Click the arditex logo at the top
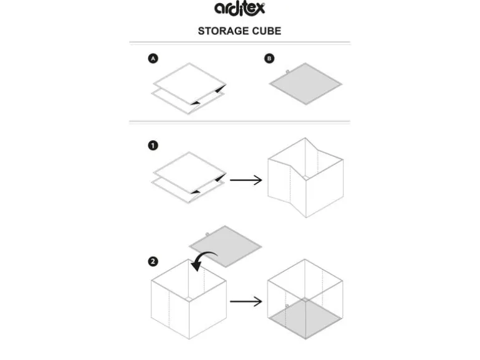(x=239, y=9)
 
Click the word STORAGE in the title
(x=223, y=31)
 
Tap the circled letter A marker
(x=153, y=59)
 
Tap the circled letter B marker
(x=269, y=59)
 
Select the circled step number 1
(x=153, y=145)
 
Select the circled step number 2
(x=153, y=262)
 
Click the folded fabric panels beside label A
(x=189, y=88)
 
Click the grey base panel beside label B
(x=305, y=84)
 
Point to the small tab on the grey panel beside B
(x=287, y=72)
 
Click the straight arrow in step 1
(x=246, y=180)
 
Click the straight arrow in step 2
(x=246, y=301)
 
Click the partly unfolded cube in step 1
(x=305, y=178)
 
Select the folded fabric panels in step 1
(x=189, y=178)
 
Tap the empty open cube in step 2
(x=189, y=299)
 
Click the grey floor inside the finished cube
(x=305, y=319)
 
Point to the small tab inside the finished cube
(x=287, y=306)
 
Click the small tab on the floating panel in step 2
(x=207, y=234)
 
